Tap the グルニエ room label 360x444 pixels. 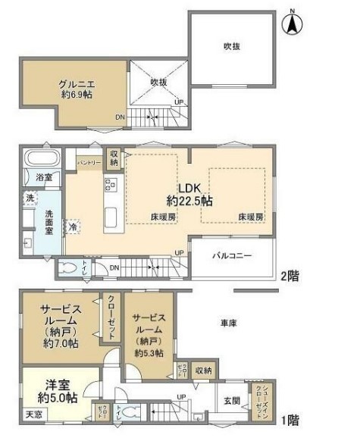[76, 84]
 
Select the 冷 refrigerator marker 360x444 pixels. [74, 226]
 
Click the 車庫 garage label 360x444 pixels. [228, 324]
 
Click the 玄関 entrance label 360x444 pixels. [231, 401]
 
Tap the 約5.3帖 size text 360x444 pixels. [148, 352]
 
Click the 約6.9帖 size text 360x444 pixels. [76, 95]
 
